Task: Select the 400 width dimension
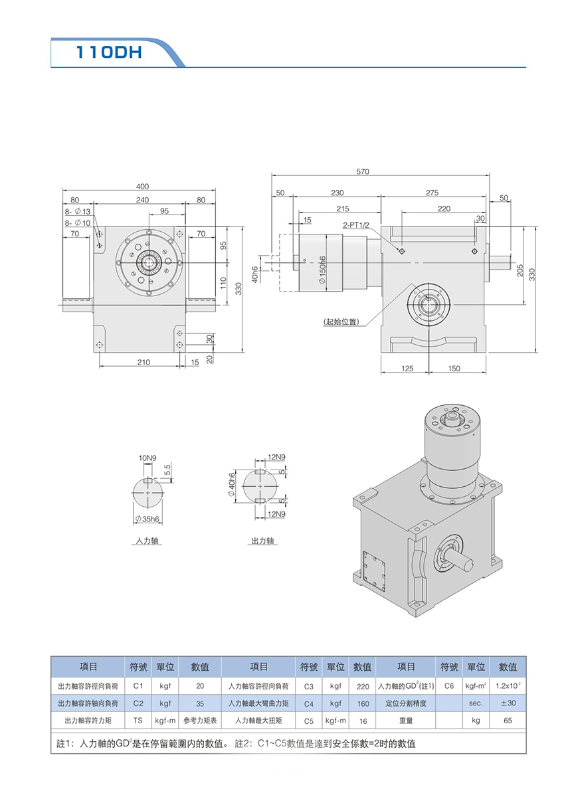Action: pyautogui.click(x=142, y=187)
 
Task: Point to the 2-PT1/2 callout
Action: pyautogui.click(x=356, y=225)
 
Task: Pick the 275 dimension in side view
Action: pyautogui.click(x=432, y=193)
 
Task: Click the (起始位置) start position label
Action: pyautogui.click(x=341, y=322)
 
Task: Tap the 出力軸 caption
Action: pyautogui.click(x=262, y=541)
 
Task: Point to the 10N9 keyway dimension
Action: pyautogui.click(x=147, y=458)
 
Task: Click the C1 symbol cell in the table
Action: pyautogui.click(x=138, y=685)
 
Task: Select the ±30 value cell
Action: pyautogui.click(x=508, y=703)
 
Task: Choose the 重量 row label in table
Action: pyautogui.click(x=406, y=720)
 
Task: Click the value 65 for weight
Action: pyautogui.click(x=508, y=720)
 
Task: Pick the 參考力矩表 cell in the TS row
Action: pyautogui.click(x=200, y=720)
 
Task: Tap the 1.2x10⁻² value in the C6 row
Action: pyautogui.click(x=508, y=685)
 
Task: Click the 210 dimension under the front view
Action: pyautogui.click(x=143, y=362)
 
